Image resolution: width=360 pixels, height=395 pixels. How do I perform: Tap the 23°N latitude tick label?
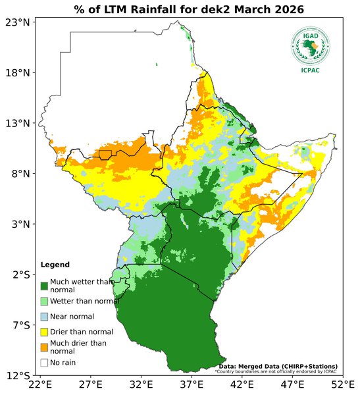tap(18, 22)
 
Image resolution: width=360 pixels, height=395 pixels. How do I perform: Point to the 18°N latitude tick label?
tap(18, 73)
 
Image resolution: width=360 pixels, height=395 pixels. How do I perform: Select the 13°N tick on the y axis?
tap(18, 123)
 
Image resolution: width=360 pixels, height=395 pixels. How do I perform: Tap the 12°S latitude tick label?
tap(18, 376)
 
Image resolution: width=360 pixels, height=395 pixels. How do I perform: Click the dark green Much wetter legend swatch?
tap(44, 286)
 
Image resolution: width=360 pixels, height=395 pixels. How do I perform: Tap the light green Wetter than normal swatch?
tap(44, 301)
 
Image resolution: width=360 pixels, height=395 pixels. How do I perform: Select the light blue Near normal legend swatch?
tap(44, 316)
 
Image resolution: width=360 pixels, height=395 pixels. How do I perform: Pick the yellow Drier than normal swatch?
tap(44, 331)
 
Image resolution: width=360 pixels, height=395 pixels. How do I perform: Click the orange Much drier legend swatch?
tap(44, 346)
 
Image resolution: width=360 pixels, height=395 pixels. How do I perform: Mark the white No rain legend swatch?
tap(44, 362)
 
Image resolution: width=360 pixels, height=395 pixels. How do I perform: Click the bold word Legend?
tap(55, 265)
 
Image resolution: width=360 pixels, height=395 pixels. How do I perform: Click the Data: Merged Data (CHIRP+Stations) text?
tap(278, 366)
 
